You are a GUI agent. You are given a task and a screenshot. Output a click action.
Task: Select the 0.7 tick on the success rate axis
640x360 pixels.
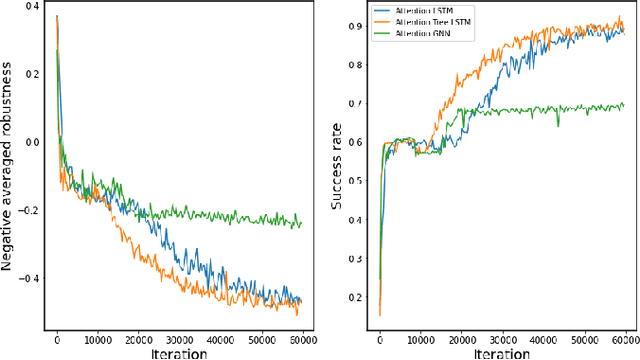click(357, 103)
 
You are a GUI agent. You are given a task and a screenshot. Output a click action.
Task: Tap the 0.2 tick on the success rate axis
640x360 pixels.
click(357, 297)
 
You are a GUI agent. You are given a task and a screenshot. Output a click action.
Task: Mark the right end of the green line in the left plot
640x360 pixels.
click(301, 224)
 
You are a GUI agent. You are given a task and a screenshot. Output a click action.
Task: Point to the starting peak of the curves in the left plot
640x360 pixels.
click(57, 17)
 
